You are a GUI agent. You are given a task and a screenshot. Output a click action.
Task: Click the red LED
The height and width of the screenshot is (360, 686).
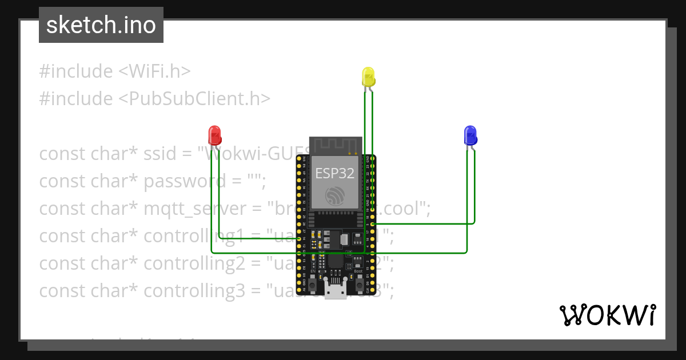point(215,135)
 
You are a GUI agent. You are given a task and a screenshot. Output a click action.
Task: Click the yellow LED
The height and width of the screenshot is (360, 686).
point(368,77)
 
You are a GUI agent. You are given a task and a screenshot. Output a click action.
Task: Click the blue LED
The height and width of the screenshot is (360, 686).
point(470,135)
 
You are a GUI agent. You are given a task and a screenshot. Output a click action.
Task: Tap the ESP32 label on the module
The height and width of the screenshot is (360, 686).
point(335,173)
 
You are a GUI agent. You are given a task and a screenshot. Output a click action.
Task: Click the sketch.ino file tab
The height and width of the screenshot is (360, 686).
point(101,25)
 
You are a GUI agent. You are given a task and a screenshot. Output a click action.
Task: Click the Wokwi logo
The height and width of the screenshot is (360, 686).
point(607,315)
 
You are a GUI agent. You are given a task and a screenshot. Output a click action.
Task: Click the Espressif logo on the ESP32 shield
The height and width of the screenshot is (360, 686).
point(336,196)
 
